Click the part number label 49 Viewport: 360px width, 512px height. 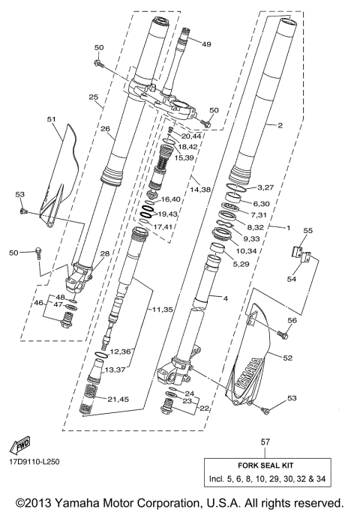(x=206, y=44)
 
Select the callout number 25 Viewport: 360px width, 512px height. (x=94, y=97)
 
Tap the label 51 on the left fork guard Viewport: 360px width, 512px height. (x=52, y=118)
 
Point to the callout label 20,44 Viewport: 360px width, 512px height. (x=192, y=136)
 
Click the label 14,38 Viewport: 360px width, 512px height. (x=200, y=190)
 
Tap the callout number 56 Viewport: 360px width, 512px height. (x=292, y=320)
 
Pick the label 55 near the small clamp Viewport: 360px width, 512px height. (x=307, y=230)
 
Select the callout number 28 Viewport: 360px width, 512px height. (x=104, y=254)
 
